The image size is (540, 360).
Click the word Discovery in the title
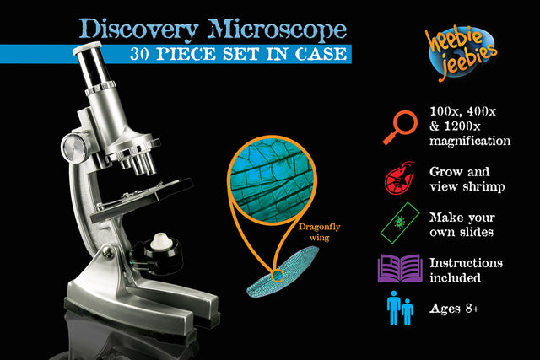[138, 30]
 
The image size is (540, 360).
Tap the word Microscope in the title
[277, 30]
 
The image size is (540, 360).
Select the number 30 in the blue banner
[139, 54]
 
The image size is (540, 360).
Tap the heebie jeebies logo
[462, 52]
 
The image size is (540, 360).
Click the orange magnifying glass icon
[401, 127]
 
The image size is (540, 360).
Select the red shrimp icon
[399, 178]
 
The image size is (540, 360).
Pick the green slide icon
[400, 223]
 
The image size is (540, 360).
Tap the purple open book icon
[400, 268]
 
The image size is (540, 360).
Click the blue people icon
[399, 308]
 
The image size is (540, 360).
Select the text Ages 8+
[454, 309]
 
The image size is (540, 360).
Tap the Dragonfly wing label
[319, 233]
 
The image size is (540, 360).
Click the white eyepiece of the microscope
[87, 48]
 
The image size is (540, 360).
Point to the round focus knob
[73, 148]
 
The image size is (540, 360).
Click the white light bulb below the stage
[161, 241]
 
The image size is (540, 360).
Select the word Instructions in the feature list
[466, 263]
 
